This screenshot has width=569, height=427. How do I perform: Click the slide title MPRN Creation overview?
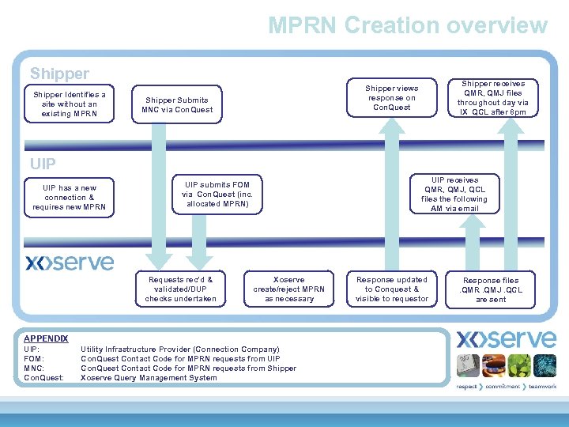(x=407, y=25)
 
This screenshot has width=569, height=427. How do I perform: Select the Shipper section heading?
(x=59, y=74)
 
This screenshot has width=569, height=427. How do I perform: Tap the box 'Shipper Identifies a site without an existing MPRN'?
(x=70, y=104)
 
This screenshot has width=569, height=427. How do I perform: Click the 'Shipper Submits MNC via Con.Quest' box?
(x=177, y=104)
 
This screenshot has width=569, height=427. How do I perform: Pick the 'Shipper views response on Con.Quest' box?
(x=392, y=97)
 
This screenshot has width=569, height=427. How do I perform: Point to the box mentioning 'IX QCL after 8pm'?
(x=492, y=98)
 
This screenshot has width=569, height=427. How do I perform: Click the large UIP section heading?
(x=43, y=164)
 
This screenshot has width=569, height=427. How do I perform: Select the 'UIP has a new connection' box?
(x=70, y=198)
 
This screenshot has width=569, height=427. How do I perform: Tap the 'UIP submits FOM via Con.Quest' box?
(x=217, y=194)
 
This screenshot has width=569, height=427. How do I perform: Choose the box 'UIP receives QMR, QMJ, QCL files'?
(x=454, y=195)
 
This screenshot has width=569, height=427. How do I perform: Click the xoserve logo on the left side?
(x=70, y=263)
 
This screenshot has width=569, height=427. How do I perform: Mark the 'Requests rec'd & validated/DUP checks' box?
(x=180, y=289)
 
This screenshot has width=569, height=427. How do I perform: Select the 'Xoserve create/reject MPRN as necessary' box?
(x=288, y=289)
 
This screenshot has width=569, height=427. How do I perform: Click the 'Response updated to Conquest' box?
(x=392, y=289)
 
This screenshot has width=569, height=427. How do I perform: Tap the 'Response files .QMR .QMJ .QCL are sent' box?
(x=491, y=289)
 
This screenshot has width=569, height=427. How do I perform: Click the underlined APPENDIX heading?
(x=46, y=338)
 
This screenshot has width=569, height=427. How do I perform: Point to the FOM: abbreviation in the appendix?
(x=34, y=358)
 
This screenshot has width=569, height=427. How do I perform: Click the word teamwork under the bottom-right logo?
(x=542, y=387)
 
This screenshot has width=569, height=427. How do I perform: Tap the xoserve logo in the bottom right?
(x=506, y=339)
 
